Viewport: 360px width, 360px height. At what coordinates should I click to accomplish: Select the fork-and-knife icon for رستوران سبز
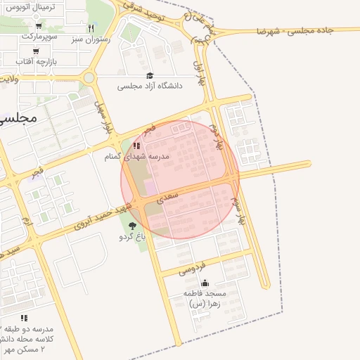91,28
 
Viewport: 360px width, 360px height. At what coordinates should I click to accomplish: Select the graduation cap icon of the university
149,75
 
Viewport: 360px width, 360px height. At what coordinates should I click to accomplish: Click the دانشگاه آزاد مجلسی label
149,86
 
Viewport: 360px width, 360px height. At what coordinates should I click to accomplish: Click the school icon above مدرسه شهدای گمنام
136,146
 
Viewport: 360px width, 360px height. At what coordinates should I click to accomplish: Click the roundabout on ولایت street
89,78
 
